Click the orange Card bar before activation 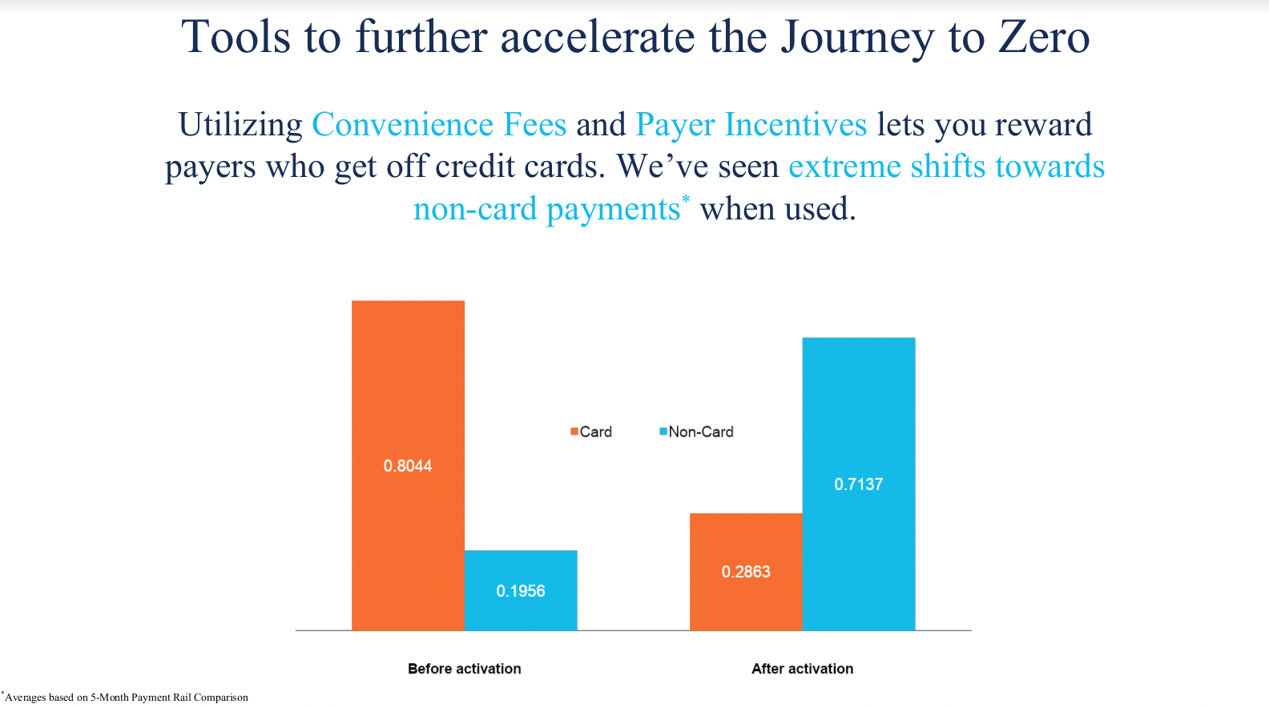pos(408,465)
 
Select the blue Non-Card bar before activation pos(521,590)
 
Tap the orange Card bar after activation pos(746,572)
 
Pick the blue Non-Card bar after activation pos(858,484)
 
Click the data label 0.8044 pos(408,465)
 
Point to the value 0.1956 pos(521,591)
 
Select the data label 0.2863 pos(746,572)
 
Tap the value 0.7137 pos(858,485)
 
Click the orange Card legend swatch pos(574,432)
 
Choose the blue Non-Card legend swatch pos(663,432)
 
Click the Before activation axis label pos(465,668)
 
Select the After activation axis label pos(802,668)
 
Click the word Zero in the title pos(1044,37)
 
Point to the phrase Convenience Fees pos(439,124)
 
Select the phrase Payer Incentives pos(751,125)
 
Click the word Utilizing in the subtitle pos(241,125)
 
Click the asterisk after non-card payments pos(686,199)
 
